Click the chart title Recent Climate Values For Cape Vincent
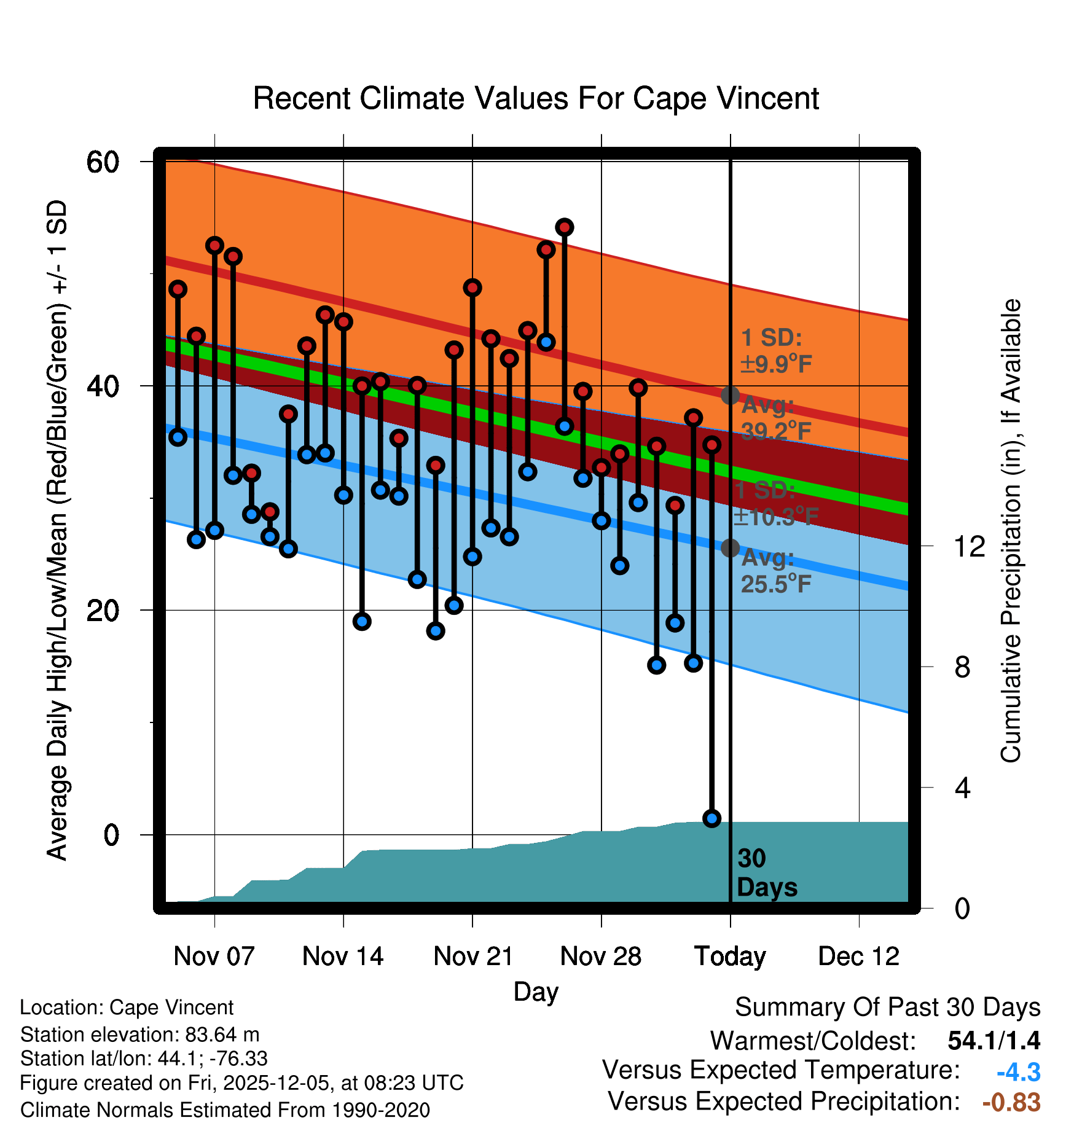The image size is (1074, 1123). tap(536, 98)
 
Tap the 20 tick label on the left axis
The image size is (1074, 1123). tap(103, 611)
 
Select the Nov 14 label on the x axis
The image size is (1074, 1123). tap(343, 957)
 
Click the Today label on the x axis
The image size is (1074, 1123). tap(730, 957)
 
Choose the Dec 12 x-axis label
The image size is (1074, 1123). tap(858, 957)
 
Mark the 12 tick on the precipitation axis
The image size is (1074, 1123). tap(969, 546)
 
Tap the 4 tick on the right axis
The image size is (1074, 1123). tap(962, 788)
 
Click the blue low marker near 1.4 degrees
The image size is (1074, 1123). tap(711, 818)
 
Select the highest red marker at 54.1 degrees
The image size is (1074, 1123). tap(565, 227)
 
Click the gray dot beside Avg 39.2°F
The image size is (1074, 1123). tap(730, 395)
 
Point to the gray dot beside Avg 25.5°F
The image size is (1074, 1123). tap(730, 547)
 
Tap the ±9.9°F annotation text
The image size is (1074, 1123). tap(777, 364)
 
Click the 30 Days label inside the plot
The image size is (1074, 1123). tap(766, 873)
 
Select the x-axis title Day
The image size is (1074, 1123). tap(536, 992)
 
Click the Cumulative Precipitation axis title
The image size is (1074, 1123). tap(1010, 531)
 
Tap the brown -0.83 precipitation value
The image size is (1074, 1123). tap(1011, 1102)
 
